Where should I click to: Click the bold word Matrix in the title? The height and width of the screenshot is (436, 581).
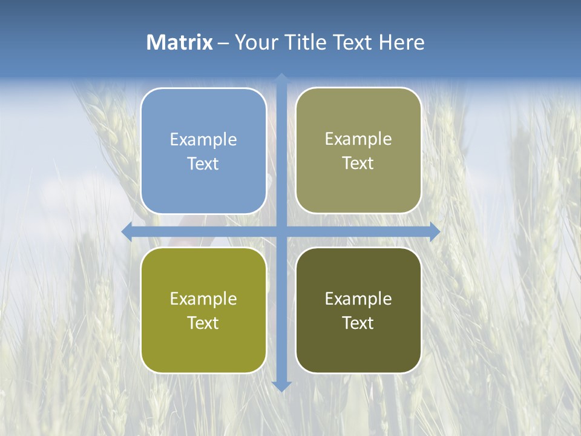click(180, 42)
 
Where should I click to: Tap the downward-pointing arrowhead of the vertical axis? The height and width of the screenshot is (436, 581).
click(281, 386)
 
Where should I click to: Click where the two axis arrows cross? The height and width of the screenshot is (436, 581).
click(281, 231)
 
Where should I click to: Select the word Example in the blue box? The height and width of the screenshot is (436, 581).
click(203, 139)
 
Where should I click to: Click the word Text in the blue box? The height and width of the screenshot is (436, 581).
click(203, 164)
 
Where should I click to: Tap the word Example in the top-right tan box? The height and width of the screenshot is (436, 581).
click(358, 139)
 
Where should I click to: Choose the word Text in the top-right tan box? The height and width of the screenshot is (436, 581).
click(358, 163)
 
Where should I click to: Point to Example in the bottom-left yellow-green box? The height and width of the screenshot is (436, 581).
click(203, 299)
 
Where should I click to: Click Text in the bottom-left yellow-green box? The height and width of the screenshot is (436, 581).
click(203, 323)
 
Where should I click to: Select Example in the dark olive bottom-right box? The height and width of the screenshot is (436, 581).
click(358, 299)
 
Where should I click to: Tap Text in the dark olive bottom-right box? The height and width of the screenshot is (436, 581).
click(358, 323)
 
